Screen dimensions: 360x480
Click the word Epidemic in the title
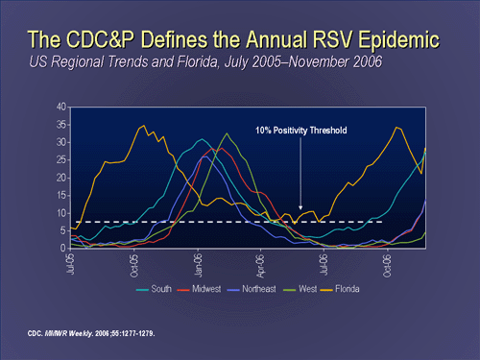pos(396,40)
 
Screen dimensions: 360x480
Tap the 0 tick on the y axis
pos(62,249)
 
